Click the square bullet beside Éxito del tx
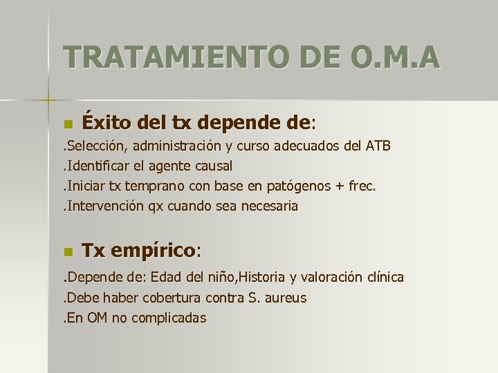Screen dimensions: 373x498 point(67,124)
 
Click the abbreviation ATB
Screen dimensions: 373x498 point(379,146)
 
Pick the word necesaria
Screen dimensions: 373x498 point(270,206)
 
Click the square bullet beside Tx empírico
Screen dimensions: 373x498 point(67,251)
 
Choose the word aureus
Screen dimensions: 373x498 point(284,298)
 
